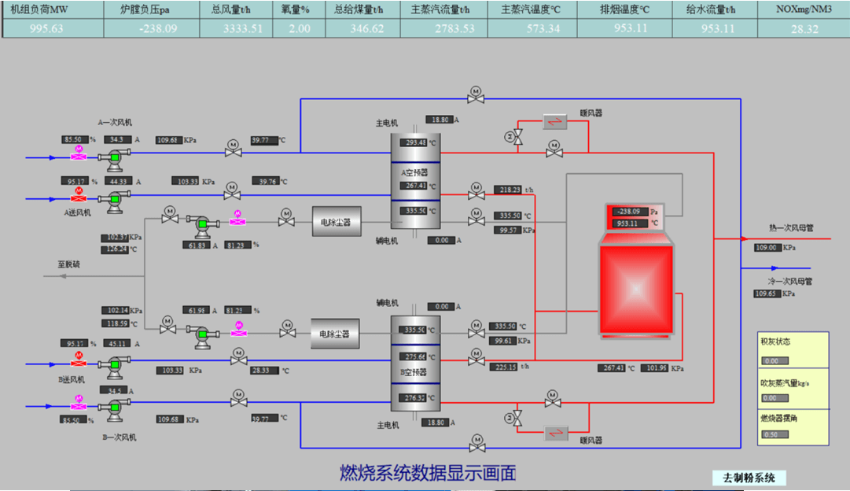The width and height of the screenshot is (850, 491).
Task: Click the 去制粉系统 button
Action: click(x=749, y=478)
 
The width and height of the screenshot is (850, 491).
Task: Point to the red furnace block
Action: click(x=635, y=289)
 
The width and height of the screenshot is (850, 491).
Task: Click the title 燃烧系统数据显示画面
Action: click(x=428, y=473)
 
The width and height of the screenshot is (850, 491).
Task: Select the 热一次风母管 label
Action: click(x=790, y=228)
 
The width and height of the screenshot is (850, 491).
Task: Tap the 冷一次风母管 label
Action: click(x=789, y=281)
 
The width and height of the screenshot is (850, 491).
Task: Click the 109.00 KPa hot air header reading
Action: click(x=765, y=247)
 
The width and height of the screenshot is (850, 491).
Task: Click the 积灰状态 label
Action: click(x=775, y=342)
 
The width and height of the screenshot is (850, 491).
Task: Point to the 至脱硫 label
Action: click(x=68, y=264)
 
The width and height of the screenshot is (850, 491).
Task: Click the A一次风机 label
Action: click(x=115, y=123)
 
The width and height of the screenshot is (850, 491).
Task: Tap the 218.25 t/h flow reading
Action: click(x=507, y=190)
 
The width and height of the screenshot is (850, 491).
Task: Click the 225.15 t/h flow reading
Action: click(x=507, y=367)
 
